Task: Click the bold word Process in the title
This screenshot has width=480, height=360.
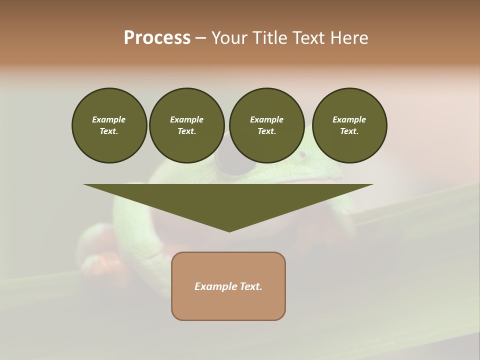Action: tap(157, 38)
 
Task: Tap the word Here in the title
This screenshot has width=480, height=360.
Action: tap(349, 38)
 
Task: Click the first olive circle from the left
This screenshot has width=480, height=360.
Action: tap(109, 125)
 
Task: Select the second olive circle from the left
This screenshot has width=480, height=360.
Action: tap(186, 125)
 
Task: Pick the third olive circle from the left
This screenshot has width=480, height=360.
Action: tap(266, 125)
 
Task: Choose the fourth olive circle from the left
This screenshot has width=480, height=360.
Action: tap(349, 125)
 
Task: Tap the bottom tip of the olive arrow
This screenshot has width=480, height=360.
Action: tap(229, 230)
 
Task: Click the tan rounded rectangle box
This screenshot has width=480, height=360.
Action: tap(228, 286)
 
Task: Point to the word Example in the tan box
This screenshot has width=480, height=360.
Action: tap(213, 286)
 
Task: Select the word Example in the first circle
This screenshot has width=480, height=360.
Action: tap(109, 120)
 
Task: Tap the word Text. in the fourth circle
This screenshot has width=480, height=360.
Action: tap(349, 131)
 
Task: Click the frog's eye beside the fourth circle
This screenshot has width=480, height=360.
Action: tap(302, 155)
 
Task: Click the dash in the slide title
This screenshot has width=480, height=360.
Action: tap(201, 38)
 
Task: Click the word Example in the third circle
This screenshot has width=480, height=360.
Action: tap(266, 120)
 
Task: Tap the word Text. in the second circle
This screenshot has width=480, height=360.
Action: tap(186, 131)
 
